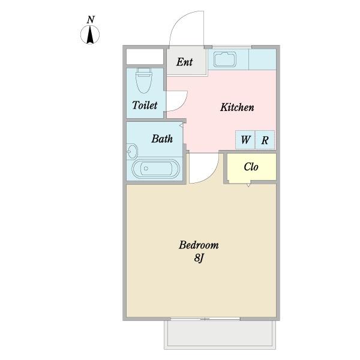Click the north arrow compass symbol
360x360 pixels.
click(90, 35)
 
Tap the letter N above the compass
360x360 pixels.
click(91, 20)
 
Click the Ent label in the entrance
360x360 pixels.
click(185, 62)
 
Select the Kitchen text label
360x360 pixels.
click(237, 107)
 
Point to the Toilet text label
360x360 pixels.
click(145, 105)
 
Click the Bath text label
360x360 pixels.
click(162, 139)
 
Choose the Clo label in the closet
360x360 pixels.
click(251, 167)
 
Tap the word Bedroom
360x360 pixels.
click(199, 245)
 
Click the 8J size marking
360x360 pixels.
click(199, 258)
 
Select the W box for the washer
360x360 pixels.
click(245, 140)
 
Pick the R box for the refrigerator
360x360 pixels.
click(265, 140)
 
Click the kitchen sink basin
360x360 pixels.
click(225, 59)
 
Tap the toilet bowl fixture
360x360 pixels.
click(144, 80)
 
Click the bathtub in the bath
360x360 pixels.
click(155, 169)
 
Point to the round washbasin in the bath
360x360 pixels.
click(132, 152)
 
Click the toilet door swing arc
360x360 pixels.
click(183, 104)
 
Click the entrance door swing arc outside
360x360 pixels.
click(178, 20)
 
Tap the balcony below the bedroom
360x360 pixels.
click(220, 335)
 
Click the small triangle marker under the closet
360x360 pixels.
click(248, 185)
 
